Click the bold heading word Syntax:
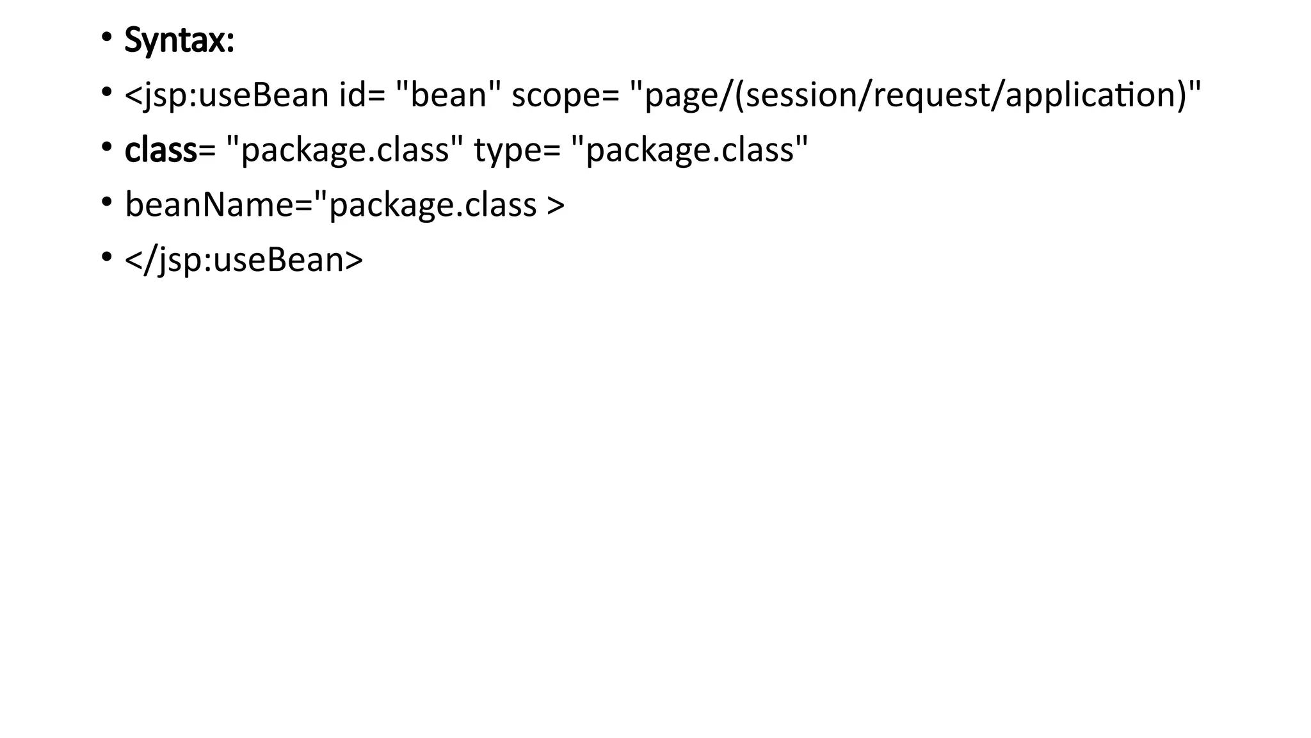tap(179, 40)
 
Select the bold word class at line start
tap(161, 150)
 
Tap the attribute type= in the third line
tap(517, 150)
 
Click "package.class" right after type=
tap(689, 150)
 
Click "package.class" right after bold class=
tap(345, 150)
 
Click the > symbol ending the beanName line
tap(556, 205)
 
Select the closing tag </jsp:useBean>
tap(244, 259)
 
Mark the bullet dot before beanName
tap(106, 202)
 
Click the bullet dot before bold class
tap(106, 147)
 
